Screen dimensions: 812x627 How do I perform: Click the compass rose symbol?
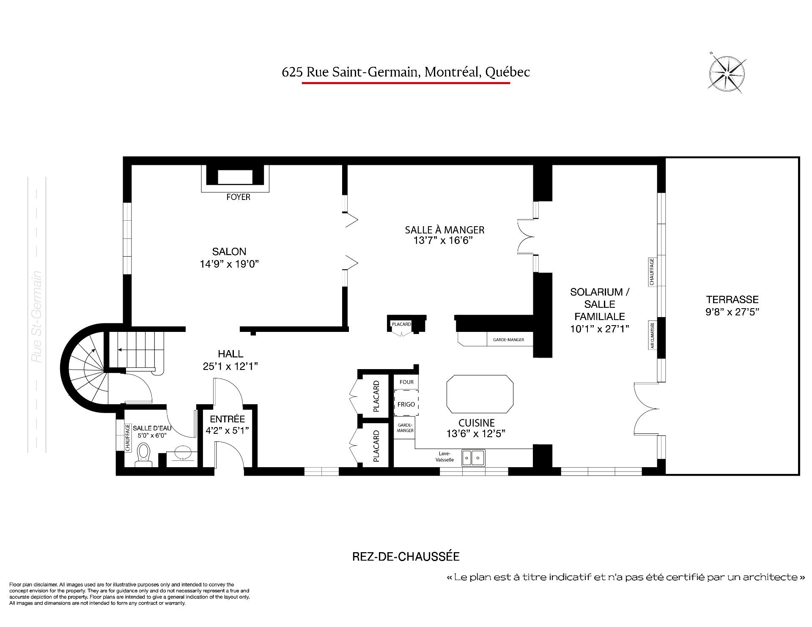tap(727, 74)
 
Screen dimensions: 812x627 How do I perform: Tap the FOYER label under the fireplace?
tap(238, 197)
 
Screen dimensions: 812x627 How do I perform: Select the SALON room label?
tap(229, 252)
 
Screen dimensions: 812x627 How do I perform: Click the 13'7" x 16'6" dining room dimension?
tap(442, 241)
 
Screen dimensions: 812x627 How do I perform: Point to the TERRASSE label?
tap(732, 299)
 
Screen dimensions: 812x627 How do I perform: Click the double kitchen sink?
tap(473, 457)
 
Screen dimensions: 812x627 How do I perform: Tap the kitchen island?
tap(480, 394)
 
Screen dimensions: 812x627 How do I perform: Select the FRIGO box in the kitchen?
tap(406, 405)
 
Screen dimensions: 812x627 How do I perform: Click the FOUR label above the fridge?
tap(407, 382)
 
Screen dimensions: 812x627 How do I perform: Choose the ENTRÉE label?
tap(228, 419)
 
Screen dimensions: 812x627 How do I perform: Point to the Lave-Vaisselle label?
tap(445, 457)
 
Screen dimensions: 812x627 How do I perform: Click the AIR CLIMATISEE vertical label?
tap(652, 336)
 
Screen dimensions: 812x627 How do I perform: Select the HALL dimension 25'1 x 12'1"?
tap(230, 366)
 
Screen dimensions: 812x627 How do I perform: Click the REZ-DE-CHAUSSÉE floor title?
tap(406, 556)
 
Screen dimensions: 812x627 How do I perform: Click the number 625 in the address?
tap(292, 72)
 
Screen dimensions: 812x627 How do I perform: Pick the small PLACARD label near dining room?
tap(401, 324)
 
